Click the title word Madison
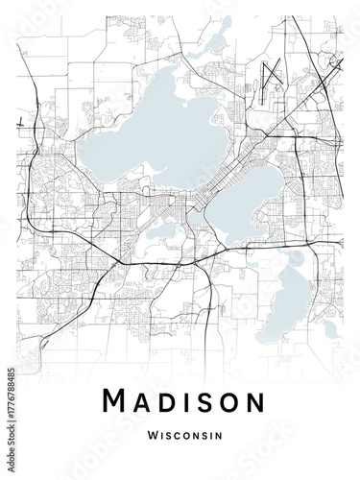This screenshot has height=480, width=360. pyautogui.click(x=180, y=402)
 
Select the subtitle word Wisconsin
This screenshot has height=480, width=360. pyautogui.click(x=180, y=435)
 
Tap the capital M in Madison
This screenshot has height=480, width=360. pyautogui.click(x=115, y=402)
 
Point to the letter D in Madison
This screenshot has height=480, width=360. pyautogui.click(x=168, y=402)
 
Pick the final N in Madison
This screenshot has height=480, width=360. pyautogui.click(x=247, y=402)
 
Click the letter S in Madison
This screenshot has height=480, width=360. pyautogui.click(x=202, y=402)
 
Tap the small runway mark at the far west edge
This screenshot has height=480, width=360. pyautogui.click(x=20, y=123)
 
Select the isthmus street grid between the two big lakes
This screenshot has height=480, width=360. pyautogui.click(x=197, y=192)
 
